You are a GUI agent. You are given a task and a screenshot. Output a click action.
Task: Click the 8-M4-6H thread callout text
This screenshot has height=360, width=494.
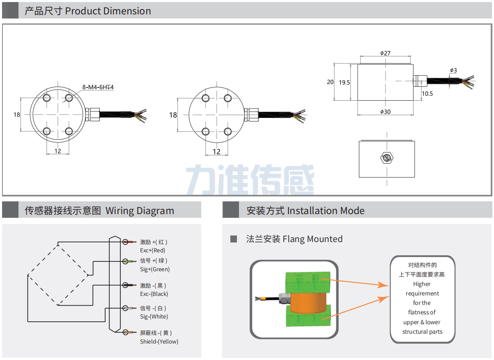98,87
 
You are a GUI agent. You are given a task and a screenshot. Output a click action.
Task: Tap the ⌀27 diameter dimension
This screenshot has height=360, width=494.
385,53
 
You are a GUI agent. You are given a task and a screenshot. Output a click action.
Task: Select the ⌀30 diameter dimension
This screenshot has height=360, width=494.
385,112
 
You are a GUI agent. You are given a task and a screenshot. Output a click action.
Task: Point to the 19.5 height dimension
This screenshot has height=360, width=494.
345,82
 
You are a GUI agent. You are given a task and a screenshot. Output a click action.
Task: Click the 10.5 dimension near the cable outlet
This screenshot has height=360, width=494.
427,94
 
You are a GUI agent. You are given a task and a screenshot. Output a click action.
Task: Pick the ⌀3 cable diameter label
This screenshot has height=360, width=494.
453,70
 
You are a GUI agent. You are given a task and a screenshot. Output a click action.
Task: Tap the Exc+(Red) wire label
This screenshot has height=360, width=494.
152,250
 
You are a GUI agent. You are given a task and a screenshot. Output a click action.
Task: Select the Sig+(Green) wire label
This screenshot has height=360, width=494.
154,269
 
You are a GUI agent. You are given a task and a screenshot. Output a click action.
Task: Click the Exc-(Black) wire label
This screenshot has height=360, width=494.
154,294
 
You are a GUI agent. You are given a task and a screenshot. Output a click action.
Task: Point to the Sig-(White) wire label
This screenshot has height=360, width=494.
154,316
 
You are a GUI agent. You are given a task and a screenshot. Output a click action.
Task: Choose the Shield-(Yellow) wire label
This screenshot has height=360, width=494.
159,342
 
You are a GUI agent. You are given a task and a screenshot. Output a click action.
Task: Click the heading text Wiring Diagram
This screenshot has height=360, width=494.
140,211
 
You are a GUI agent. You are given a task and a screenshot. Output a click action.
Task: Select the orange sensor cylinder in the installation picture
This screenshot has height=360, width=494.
308,302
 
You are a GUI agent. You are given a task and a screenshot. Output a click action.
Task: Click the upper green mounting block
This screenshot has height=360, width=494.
308,281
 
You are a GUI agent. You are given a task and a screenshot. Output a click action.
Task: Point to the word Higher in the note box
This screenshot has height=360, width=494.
422,284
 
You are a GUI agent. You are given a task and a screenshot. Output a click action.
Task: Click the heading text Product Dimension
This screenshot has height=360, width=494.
108,11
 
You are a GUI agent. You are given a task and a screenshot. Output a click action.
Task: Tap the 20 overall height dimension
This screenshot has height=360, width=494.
330,82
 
